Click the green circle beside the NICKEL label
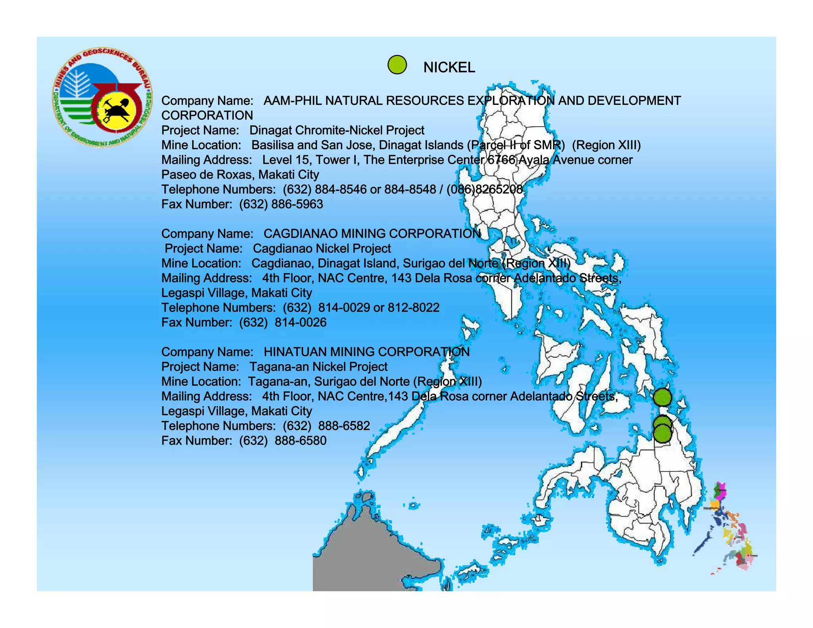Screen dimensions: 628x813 click(x=397, y=65)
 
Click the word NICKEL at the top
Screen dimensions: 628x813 click(x=449, y=67)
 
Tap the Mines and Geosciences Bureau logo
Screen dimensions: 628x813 click(x=102, y=98)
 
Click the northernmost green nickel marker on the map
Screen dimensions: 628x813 click(x=662, y=397)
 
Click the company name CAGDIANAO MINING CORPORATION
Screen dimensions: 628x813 click(x=372, y=233)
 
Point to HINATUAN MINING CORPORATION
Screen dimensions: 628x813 click(x=366, y=352)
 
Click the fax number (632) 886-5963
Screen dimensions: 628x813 click(x=281, y=204)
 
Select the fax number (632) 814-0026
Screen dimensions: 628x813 click(x=283, y=322)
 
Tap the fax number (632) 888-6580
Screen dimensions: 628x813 click(x=283, y=441)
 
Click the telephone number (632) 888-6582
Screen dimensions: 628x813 click(x=326, y=426)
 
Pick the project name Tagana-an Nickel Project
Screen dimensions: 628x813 click(x=318, y=367)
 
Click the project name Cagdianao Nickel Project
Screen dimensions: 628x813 click(x=322, y=249)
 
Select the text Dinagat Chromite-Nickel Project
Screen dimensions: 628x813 click(x=337, y=130)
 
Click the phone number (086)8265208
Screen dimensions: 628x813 click(x=485, y=189)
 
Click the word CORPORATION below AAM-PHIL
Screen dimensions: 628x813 click(x=207, y=116)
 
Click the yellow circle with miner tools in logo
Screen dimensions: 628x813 click(x=117, y=110)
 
